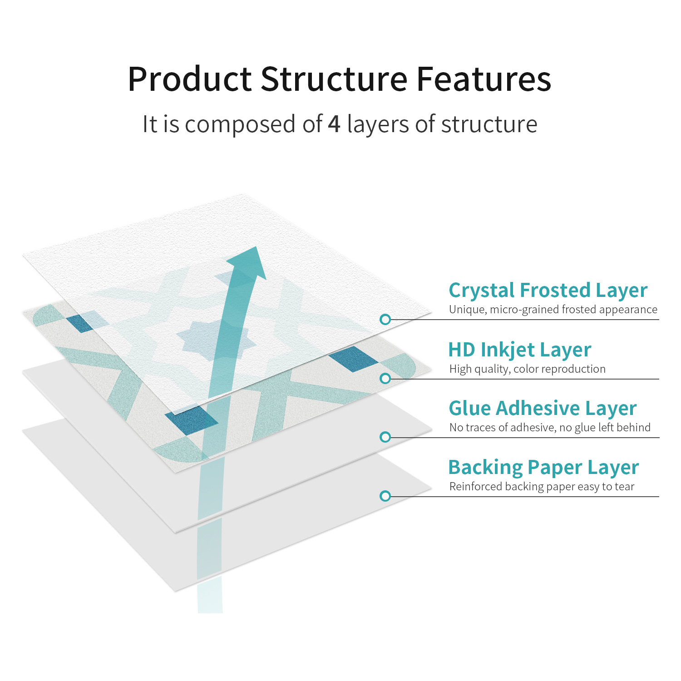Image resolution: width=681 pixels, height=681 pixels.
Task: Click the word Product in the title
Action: (x=189, y=79)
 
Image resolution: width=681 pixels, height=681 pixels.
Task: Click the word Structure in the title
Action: (x=334, y=79)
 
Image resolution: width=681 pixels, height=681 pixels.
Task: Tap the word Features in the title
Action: (x=484, y=79)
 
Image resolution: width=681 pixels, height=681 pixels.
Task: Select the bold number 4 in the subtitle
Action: (x=334, y=124)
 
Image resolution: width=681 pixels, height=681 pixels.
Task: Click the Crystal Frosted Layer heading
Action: (x=548, y=291)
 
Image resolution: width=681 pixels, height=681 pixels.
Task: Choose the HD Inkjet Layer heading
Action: (x=519, y=350)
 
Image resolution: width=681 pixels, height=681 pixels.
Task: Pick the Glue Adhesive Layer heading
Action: (x=543, y=409)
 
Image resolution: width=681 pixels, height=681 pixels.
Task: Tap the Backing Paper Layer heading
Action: (x=543, y=468)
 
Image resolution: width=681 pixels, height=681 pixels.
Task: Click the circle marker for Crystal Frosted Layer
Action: (x=385, y=320)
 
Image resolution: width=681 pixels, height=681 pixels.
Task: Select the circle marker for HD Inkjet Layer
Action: (x=385, y=379)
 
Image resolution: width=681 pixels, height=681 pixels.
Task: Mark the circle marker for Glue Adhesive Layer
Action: (x=385, y=437)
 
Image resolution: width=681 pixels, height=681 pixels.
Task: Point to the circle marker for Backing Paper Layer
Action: (x=385, y=496)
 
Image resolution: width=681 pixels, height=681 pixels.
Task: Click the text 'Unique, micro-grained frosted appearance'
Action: (x=553, y=310)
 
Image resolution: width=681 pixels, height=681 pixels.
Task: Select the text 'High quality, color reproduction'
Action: (x=527, y=369)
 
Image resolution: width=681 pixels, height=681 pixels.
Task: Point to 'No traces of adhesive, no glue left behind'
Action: (x=550, y=428)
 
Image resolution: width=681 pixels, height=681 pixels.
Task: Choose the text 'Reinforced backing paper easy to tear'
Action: (x=542, y=487)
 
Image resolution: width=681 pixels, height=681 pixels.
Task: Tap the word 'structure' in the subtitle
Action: (x=489, y=124)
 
